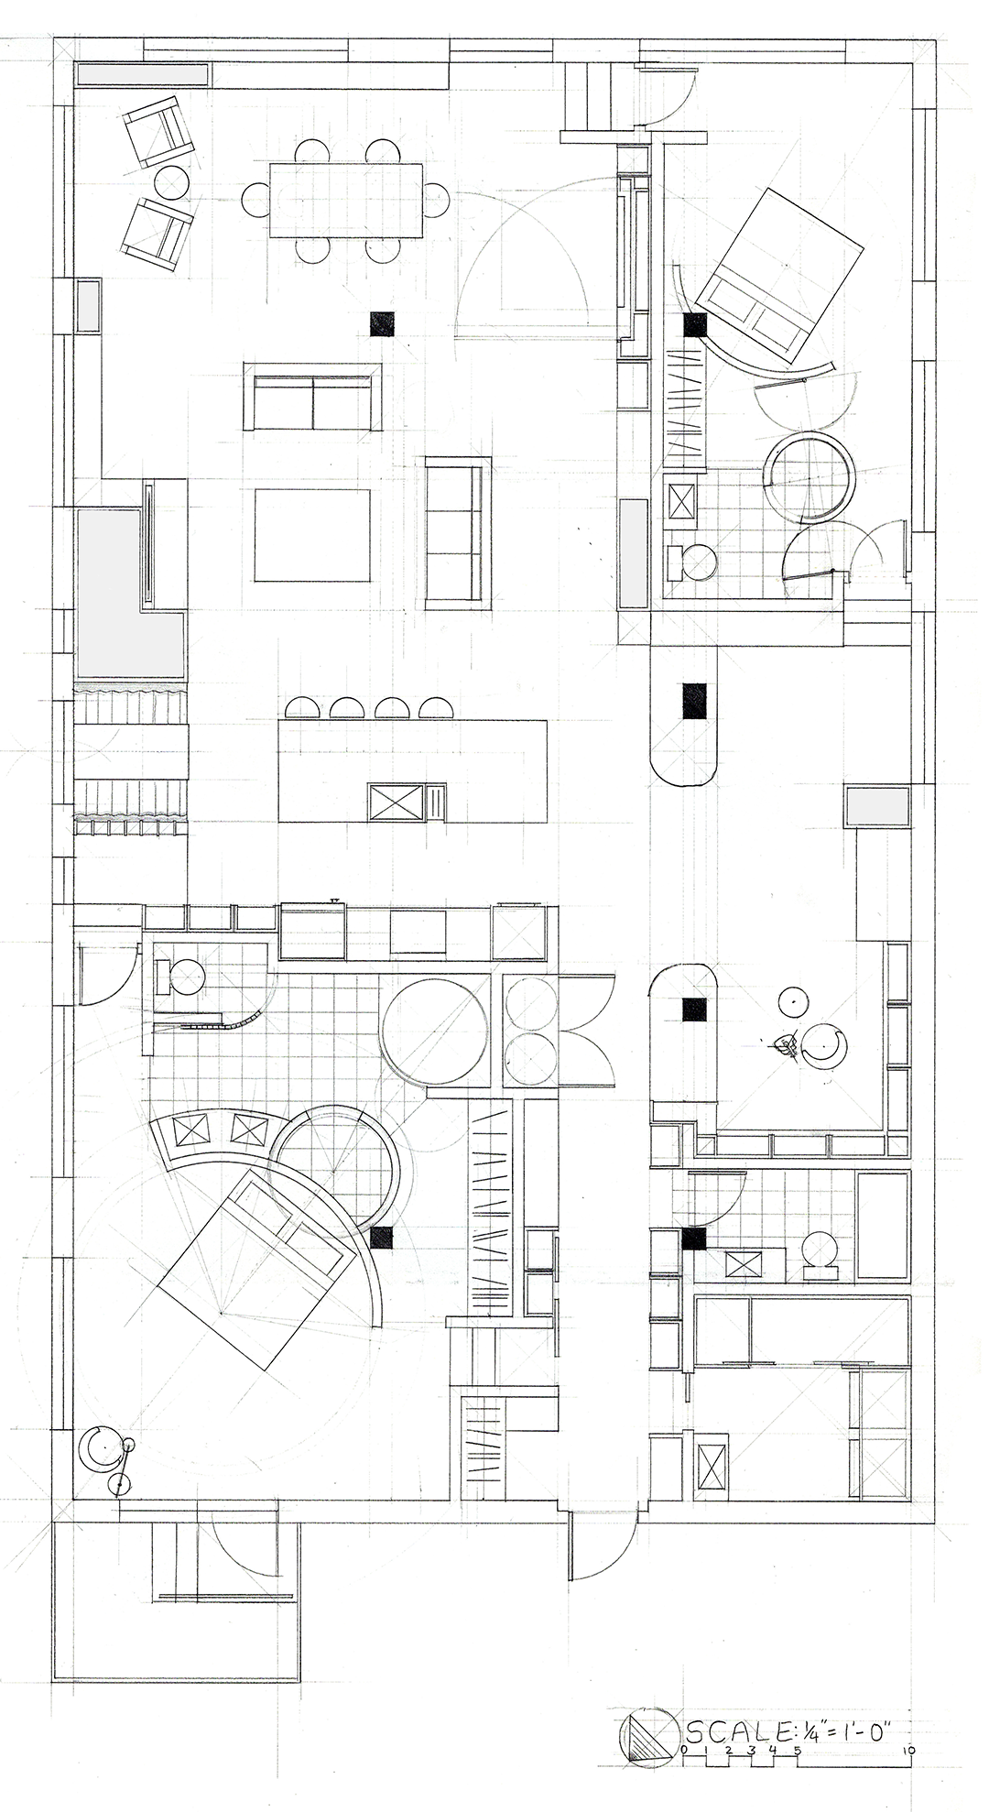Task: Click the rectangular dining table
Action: (x=346, y=202)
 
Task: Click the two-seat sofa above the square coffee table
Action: (x=311, y=396)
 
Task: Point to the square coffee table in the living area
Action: (x=312, y=536)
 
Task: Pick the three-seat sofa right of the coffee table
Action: (x=456, y=533)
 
